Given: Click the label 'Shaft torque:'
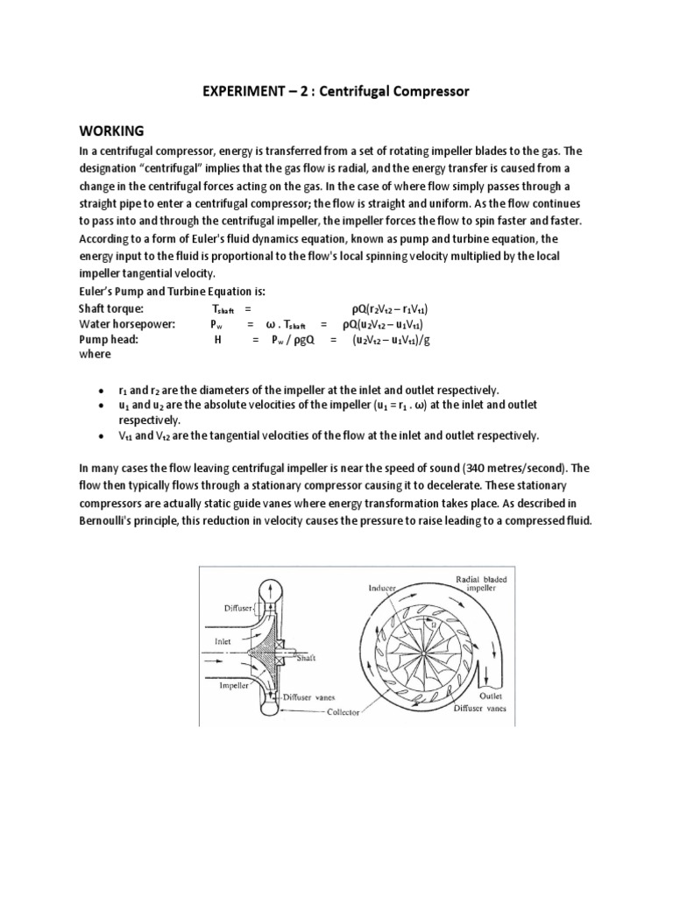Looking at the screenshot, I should point(111,309).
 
